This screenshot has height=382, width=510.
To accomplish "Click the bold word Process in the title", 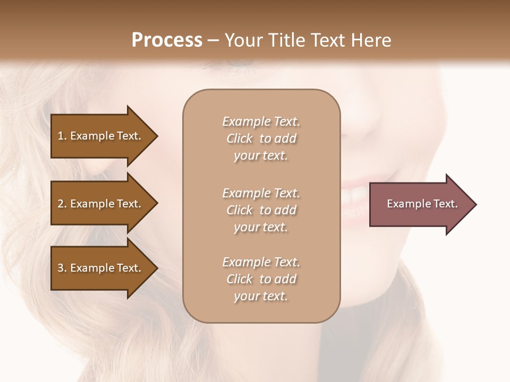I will pos(167,40).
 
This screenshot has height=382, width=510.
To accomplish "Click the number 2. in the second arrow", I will pos(62,204).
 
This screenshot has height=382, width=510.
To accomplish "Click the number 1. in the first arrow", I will pos(62,136).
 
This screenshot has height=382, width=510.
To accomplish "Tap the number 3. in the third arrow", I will pos(62,268).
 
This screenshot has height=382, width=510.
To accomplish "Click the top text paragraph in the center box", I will pos(261,138).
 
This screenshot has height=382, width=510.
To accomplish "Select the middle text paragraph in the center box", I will pos(261,210).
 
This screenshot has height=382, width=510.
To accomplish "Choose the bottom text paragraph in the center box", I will pos(261,279).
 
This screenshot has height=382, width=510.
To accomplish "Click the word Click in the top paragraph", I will pos(240,138).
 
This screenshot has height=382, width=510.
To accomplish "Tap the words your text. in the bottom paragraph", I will pos(261,296).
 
